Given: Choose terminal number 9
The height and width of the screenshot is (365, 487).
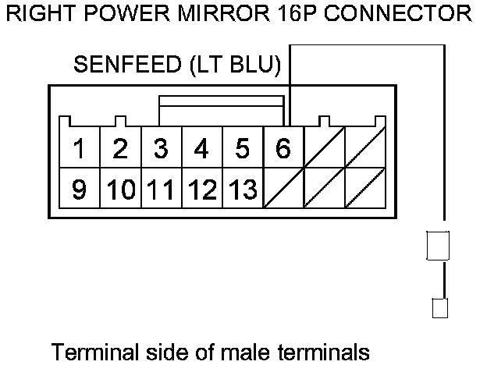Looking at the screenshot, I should click(79, 190).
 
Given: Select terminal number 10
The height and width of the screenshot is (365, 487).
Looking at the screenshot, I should click(119, 190).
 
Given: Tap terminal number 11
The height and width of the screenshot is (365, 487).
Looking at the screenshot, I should click(160, 190).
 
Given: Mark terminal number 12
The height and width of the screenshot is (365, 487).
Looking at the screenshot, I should click(201, 190).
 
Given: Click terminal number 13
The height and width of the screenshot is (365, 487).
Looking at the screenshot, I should click(243, 190).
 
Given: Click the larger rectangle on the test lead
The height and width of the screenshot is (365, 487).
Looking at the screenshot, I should click(437, 246).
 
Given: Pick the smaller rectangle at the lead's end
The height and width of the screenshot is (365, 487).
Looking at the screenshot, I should click(439, 309).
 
